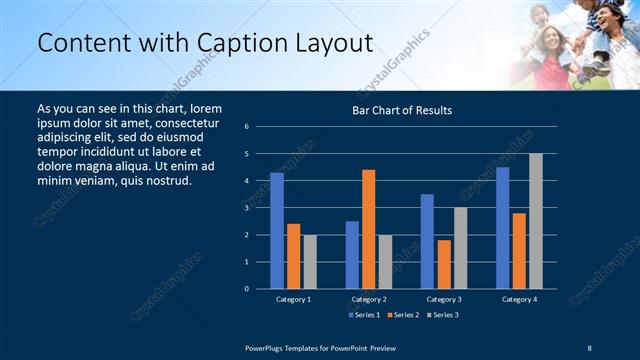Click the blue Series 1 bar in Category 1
click(x=277, y=231)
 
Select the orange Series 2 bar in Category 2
click(x=368, y=229)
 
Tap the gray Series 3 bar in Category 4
click(x=535, y=221)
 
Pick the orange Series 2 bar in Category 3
click(x=443, y=264)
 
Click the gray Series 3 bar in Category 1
click(x=310, y=262)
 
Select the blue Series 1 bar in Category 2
click(x=352, y=255)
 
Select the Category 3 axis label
click(x=443, y=299)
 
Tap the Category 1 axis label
click(x=293, y=299)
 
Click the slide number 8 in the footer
click(x=590, y=347)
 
